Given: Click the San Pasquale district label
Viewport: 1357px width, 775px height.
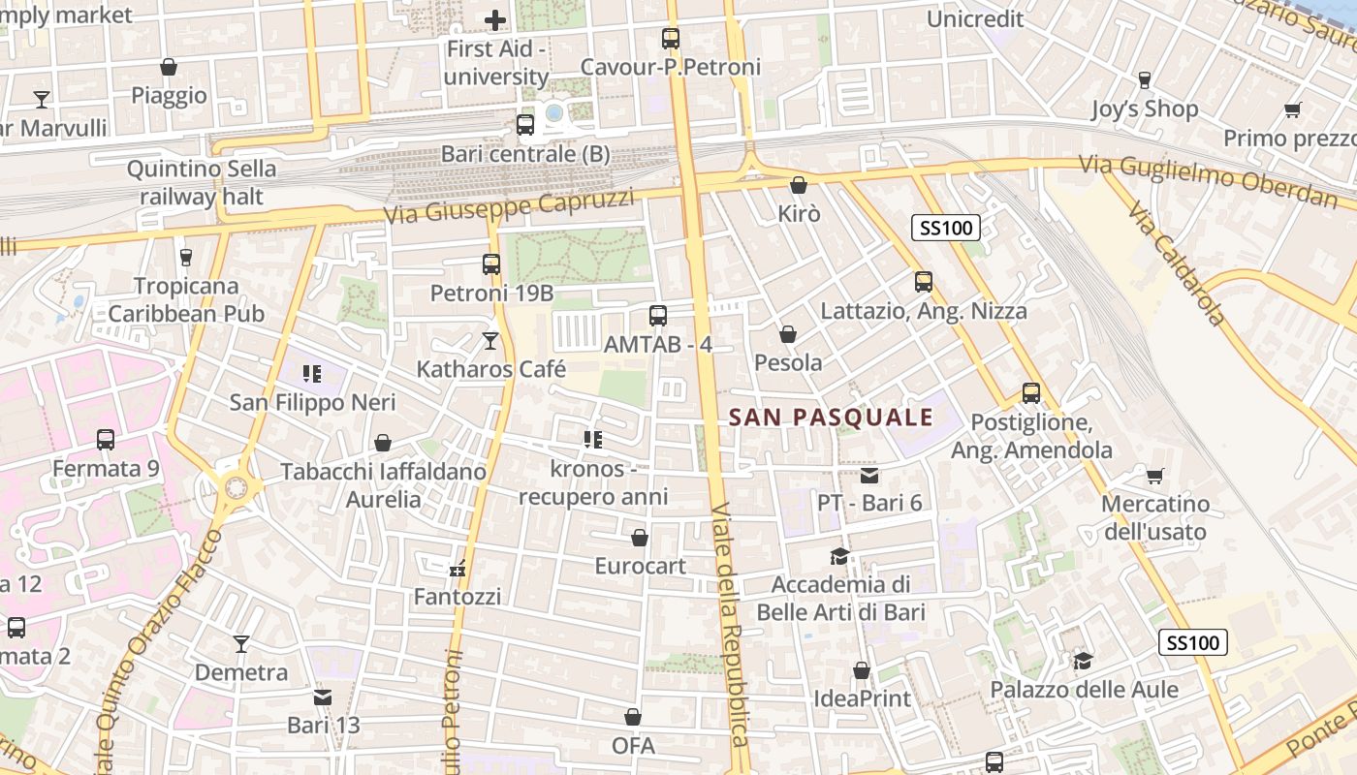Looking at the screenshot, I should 830,418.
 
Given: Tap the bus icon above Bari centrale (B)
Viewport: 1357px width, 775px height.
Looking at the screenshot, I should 524,124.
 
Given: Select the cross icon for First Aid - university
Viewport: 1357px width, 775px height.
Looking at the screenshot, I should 495,19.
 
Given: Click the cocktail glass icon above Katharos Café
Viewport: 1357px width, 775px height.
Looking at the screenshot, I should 490,340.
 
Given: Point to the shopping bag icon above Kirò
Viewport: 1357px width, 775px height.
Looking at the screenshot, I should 798,184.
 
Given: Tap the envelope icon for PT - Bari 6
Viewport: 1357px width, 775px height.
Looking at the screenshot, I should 868,475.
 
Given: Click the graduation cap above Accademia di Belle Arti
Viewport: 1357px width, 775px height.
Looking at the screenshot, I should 839,556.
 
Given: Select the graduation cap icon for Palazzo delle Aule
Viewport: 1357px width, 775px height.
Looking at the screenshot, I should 1083,661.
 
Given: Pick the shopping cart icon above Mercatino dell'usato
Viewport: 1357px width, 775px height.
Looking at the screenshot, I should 1154,476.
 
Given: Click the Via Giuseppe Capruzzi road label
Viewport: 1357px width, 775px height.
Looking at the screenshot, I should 509,206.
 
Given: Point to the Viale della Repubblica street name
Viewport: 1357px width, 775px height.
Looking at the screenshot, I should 728,625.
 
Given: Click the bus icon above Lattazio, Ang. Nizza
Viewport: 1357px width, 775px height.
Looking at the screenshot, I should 923,282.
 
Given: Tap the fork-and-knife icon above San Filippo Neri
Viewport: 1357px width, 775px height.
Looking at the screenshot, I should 311,373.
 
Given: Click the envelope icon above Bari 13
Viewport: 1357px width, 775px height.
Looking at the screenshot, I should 323,697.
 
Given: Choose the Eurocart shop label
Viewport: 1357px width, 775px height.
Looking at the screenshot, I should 640,566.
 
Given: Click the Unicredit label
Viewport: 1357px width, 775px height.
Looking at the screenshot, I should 975,18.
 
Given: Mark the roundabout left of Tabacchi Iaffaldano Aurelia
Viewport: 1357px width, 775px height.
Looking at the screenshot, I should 236,487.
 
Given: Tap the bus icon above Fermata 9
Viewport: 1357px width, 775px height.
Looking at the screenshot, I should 106,440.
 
